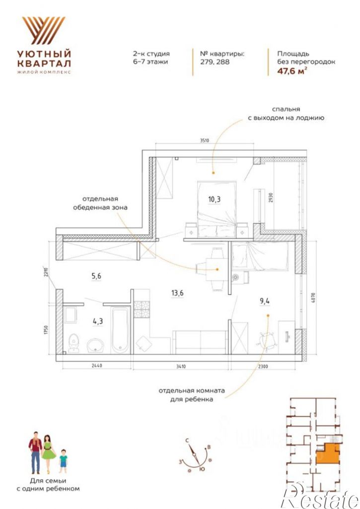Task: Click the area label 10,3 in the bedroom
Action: pos(214,199)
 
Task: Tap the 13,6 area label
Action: pos(177,293)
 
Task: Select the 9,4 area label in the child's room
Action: pos(264,301)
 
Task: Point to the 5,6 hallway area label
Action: pos(96,276)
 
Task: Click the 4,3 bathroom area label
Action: pos(97,321)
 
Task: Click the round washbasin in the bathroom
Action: pos(95,345)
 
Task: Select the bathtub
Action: pos(121,330)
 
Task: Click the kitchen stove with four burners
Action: pos(142,310)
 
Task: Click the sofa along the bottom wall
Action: pos(200,342)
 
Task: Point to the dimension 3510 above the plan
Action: pos(205,140)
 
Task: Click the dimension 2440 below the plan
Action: pos(96,366)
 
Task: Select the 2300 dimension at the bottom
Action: pos(263,367)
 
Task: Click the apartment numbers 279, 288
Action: pos(215,62)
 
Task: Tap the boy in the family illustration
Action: pos(63,461)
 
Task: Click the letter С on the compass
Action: pos(188,441)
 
